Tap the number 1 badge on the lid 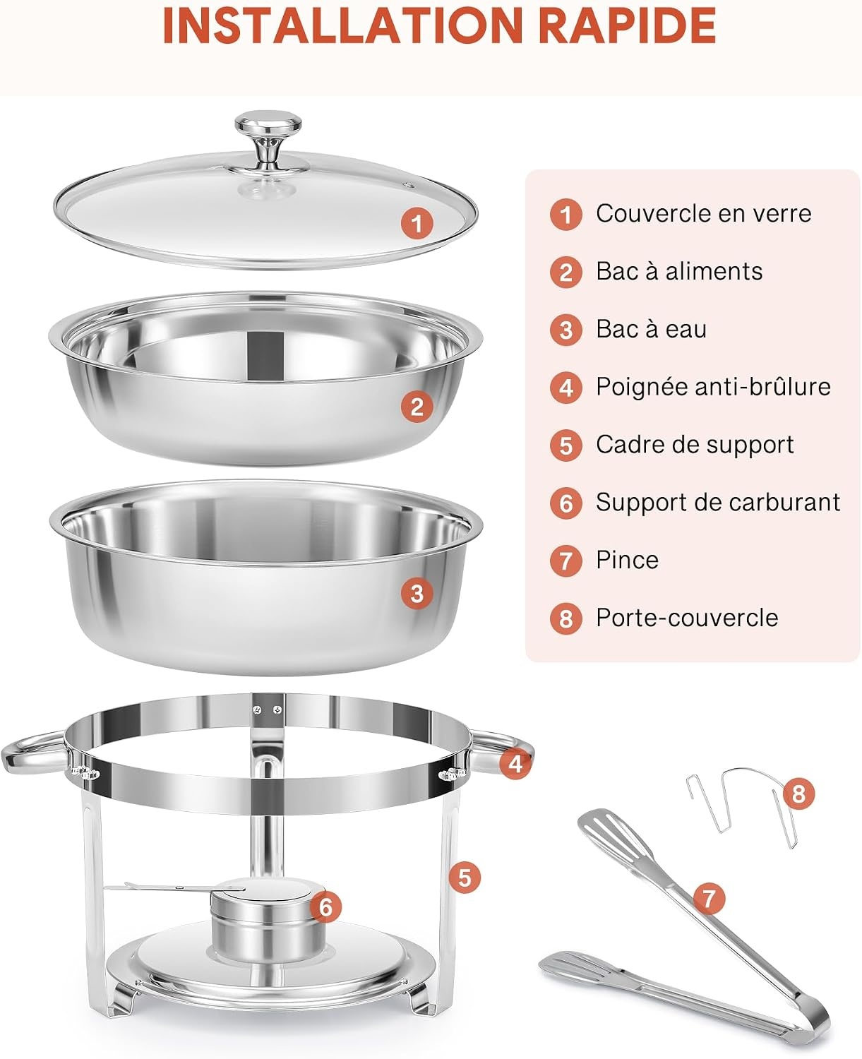coord(417,222)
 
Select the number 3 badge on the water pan coord(417,593)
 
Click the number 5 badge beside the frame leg coord(465,878)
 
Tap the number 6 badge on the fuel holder coord(325,907)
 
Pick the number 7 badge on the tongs coord(708,898)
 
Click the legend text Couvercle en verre coord(703,214)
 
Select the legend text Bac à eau coord(651,329)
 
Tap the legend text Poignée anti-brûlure coord(713,387)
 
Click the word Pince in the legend coord(628,560)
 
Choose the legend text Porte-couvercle coord(687,618)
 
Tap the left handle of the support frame coord(34,755)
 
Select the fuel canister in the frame coord(268,921)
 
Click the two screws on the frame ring coord(267,710)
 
